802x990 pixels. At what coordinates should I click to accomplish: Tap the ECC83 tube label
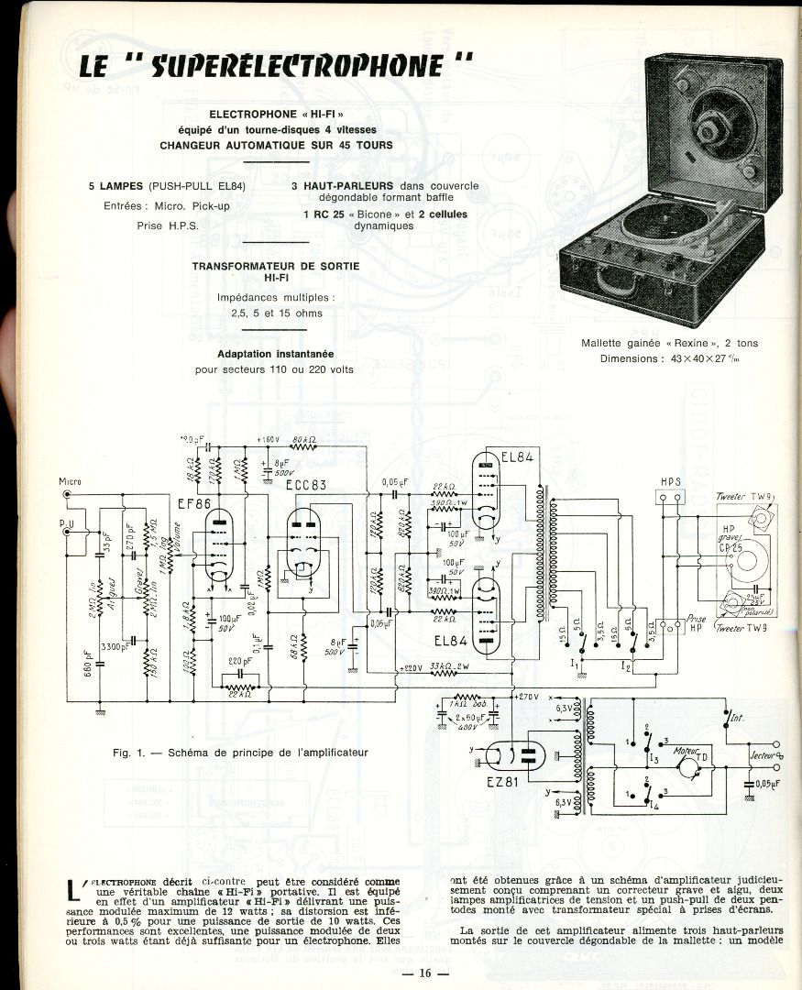pos(306,486)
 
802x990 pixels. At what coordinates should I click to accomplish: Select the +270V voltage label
pos(528,698)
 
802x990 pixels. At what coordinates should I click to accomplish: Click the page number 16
pos(424,973)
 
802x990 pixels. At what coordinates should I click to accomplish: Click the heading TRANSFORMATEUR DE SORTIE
pos(276,266)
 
